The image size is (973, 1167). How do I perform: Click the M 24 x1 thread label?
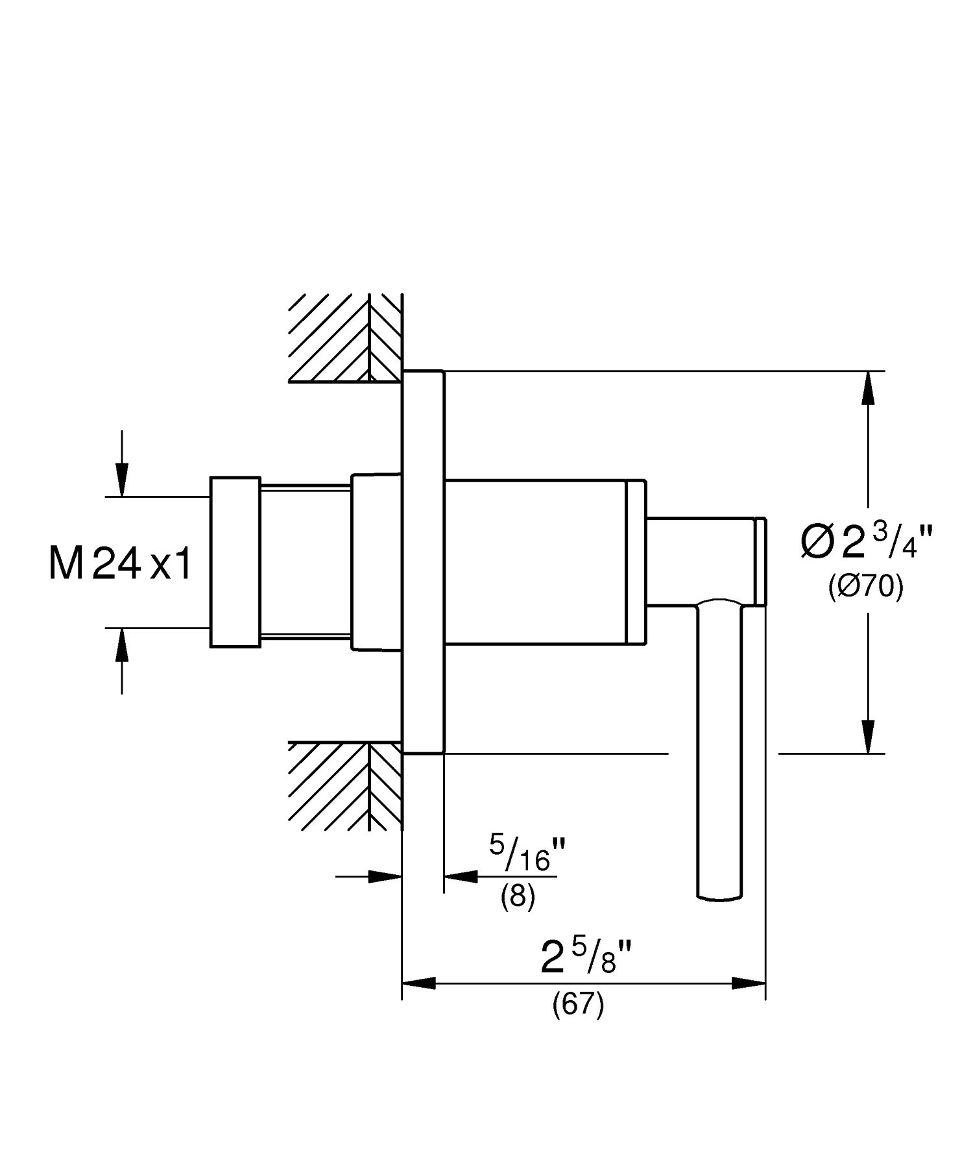click(x=121, y=563)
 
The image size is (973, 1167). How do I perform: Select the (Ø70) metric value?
click(x=865, y=587)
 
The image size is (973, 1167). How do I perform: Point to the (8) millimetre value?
click(x=518, y=898)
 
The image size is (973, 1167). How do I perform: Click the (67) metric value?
click(x=578, y=1005)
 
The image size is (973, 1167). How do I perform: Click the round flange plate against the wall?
click(x=424, y=562)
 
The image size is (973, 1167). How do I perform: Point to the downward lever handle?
click(x=719, y=746)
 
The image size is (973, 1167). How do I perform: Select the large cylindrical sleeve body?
click(x=535, y=562)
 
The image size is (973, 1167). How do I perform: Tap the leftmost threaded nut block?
click(x=235, y=562)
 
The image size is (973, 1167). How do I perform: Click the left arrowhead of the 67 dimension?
click(x=418, y=983)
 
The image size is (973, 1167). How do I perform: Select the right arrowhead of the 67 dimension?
click(x=749, y=983)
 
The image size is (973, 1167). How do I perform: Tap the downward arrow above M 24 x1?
click(x=121, y=480)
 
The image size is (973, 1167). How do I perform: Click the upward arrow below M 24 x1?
click(x=121, y=645)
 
